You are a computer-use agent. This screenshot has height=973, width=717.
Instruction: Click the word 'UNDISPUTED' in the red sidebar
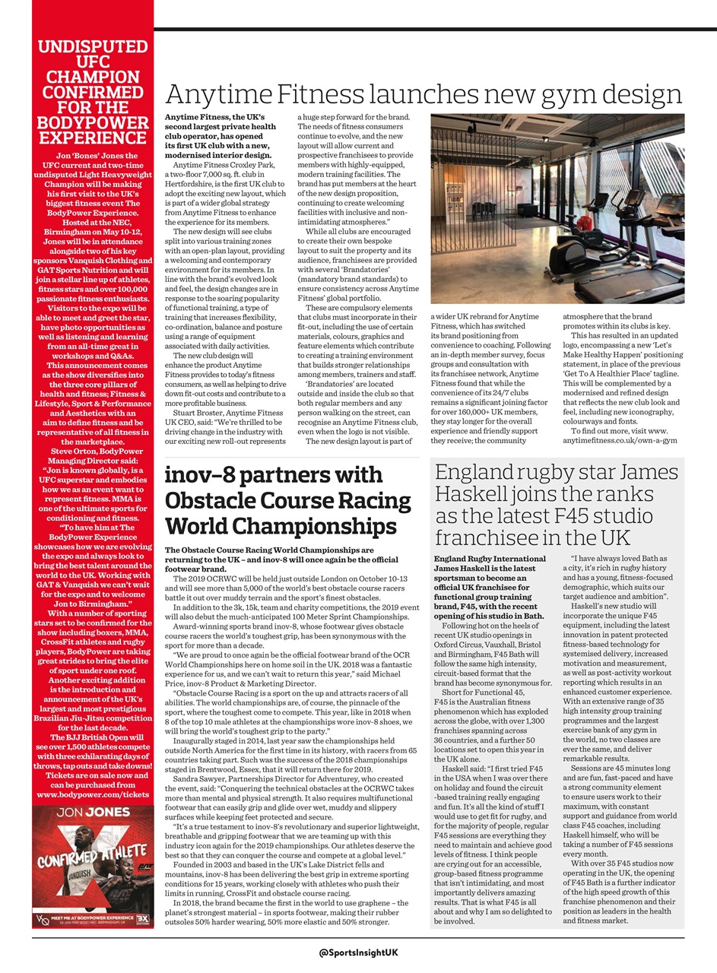pos(93,47)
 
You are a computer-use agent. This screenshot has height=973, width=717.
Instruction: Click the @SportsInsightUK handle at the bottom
pos(359,952)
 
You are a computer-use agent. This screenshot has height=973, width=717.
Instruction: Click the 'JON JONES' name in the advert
pos(93,812)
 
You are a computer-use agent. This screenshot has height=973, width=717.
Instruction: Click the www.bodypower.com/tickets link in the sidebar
pos(93,794)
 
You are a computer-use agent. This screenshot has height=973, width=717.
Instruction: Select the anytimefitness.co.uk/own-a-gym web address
pos(620,440)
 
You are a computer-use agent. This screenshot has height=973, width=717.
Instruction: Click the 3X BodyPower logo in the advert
pos(142,918)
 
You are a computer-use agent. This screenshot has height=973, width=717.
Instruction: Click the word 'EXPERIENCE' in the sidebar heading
pos(93,138)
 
